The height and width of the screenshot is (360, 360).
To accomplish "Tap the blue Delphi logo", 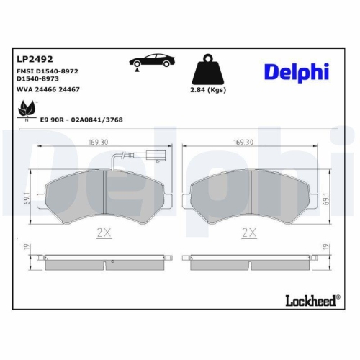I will tap(297, 71).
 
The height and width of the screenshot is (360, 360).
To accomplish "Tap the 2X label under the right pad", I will tap(249, 232).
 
